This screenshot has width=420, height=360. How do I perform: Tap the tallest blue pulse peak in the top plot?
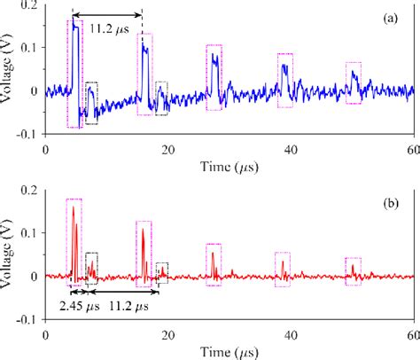coord(74,26)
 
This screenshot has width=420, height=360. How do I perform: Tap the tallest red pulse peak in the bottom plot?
coord(73,207)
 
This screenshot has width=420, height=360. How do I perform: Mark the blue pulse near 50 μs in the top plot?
coord(354,77)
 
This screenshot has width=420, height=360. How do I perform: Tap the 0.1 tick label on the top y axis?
coord(28,48)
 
